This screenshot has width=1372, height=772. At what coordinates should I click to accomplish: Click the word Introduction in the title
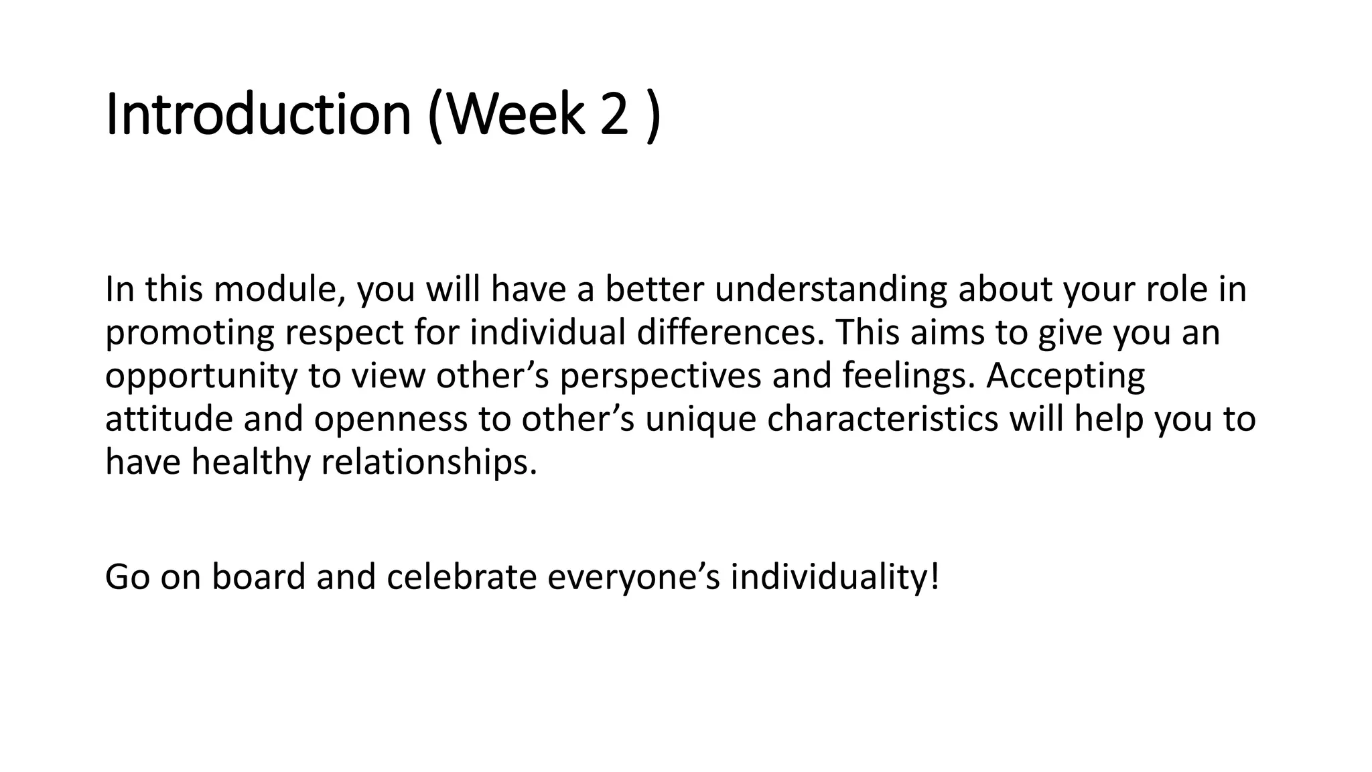258,115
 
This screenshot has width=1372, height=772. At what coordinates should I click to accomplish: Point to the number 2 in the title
614,115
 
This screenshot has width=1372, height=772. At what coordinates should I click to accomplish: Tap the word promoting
190,333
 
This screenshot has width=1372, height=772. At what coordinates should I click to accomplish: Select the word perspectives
661,377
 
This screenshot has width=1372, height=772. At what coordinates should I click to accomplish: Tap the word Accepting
1066,377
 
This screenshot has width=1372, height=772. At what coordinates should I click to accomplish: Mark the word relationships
429,463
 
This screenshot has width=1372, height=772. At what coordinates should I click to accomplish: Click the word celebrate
462,577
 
